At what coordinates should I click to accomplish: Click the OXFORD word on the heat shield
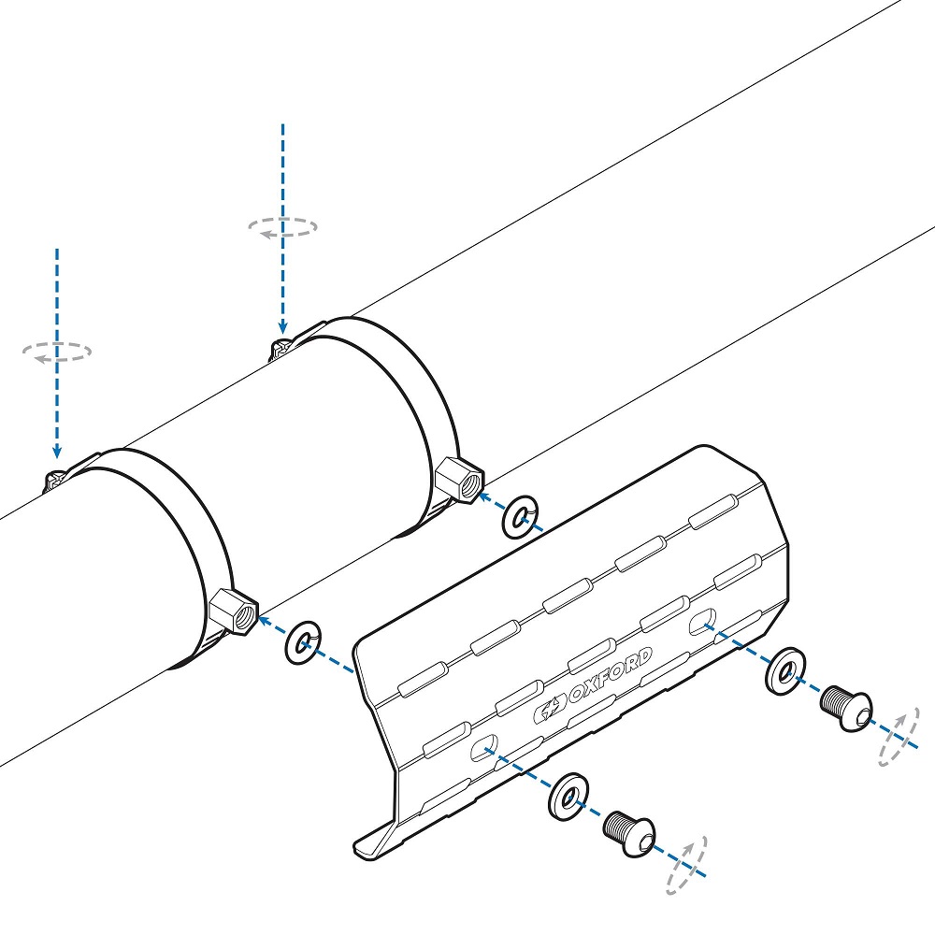click(x=610, y=676)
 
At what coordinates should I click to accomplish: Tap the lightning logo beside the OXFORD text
click(x=549, y=709)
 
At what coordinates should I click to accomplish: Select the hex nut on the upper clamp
click(x=459, y=480)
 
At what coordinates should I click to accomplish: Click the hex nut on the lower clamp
click(x=233, y=611)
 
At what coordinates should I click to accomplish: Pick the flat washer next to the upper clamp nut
click(x=519, y=516)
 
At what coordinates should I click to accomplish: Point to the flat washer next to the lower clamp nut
click(x=303, y=643)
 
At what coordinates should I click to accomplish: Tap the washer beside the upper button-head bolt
click(x=785, y=670)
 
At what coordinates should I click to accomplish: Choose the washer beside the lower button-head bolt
click(x=568, y=797)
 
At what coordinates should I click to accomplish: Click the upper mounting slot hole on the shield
click(x=702, y=622)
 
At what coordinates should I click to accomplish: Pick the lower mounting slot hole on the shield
click(x=484, y=748)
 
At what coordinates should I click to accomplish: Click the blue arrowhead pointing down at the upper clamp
click(x=282, y=326)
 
